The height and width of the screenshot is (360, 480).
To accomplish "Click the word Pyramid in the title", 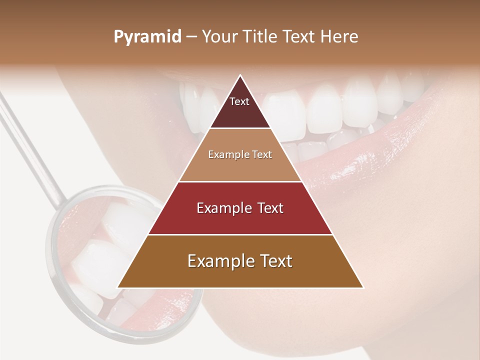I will [x=147, y=37].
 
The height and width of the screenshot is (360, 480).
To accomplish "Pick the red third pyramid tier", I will [x=240, y=220].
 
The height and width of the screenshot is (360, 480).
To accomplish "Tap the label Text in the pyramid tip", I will [x=239, y=101].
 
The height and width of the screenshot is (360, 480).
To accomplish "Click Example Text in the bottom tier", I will [x=240, y=261].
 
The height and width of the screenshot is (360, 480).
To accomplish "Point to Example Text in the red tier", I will [x=240, y=208].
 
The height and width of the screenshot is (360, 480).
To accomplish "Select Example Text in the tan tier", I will [x=240, y=154].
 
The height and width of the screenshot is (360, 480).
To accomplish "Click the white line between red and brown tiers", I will [x=240, y=234].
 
